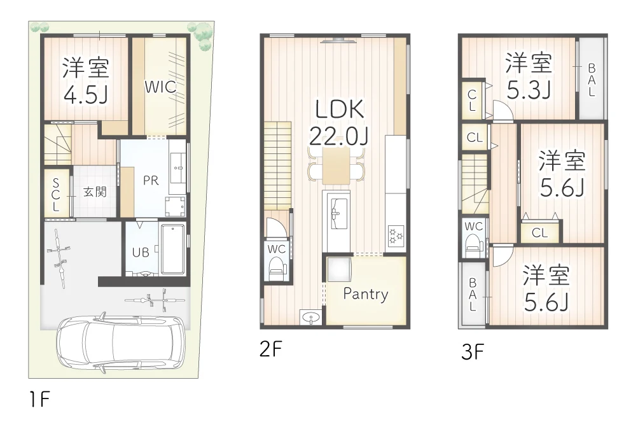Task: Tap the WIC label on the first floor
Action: coord(160,87)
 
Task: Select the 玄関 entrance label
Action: coord(95,192)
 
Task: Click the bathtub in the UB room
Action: coord(173,248)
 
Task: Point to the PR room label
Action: coord(151,181)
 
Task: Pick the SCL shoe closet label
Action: coord(56,195)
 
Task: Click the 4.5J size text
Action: coord(85,94)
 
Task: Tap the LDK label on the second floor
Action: coord(339,109)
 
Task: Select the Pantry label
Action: coord(365,293)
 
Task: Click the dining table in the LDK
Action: coord(336,165)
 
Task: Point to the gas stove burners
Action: coord(396,235)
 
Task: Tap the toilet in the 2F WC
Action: coord(277,267)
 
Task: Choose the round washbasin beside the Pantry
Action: coord(311,318)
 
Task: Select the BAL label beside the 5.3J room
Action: coord(592,80)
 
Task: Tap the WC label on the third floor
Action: coord(473,226)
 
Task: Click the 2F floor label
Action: coord(270,349)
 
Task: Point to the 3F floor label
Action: coord(473,351)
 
